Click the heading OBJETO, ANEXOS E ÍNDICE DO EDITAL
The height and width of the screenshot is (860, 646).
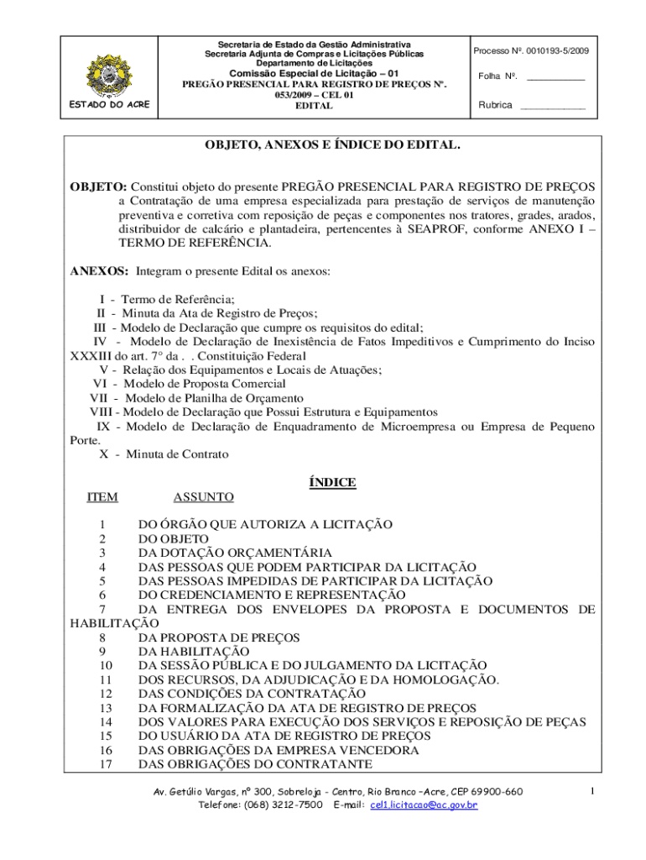pos(332,145)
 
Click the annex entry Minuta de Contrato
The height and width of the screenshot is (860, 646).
pos(177,454)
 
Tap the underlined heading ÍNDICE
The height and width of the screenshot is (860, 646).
pos(332,482)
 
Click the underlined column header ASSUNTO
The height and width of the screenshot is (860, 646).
pos(203,497)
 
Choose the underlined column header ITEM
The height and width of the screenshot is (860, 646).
pos(102,497)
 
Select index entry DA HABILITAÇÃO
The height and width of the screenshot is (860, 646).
pos(206,651)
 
